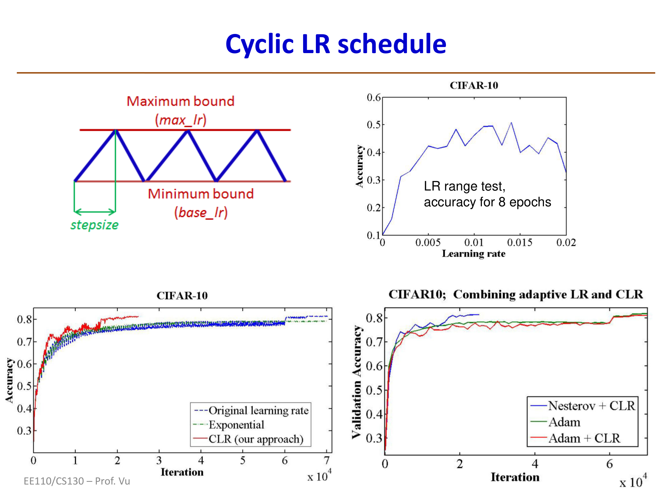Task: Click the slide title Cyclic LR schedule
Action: pyautogui.click(x=336, y=44)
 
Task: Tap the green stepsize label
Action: pyautogui.click(x=94, y=225)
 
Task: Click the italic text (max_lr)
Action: pyautogui.click(x=181, y=120)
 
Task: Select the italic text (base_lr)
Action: pyautogui.click(x=201, y=213)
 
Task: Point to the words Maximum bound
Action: pyautogui.click(x=180, y=101)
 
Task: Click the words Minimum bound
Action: pyautogui.click(x=201, y=194)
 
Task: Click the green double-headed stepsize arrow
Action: pyautogui.click(x=95, y=212)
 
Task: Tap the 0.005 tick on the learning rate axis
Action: pyautogui.click(x=428, y=242)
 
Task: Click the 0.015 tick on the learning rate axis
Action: pyautogui.click(x=519, y=242)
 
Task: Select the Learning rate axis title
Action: pyautogui.click(x=473, y=254)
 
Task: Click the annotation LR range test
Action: pyautogui.click(x=464, y=186)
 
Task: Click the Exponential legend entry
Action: pyautogui.click(x=236, y=425)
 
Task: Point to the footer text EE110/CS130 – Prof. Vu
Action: pyautogui.click(x=77, y=481)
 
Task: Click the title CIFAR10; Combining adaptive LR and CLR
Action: pyautogui.click(x=515, y=294)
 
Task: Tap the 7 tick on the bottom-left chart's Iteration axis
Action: pyautogui.click(x=327, y=460)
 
